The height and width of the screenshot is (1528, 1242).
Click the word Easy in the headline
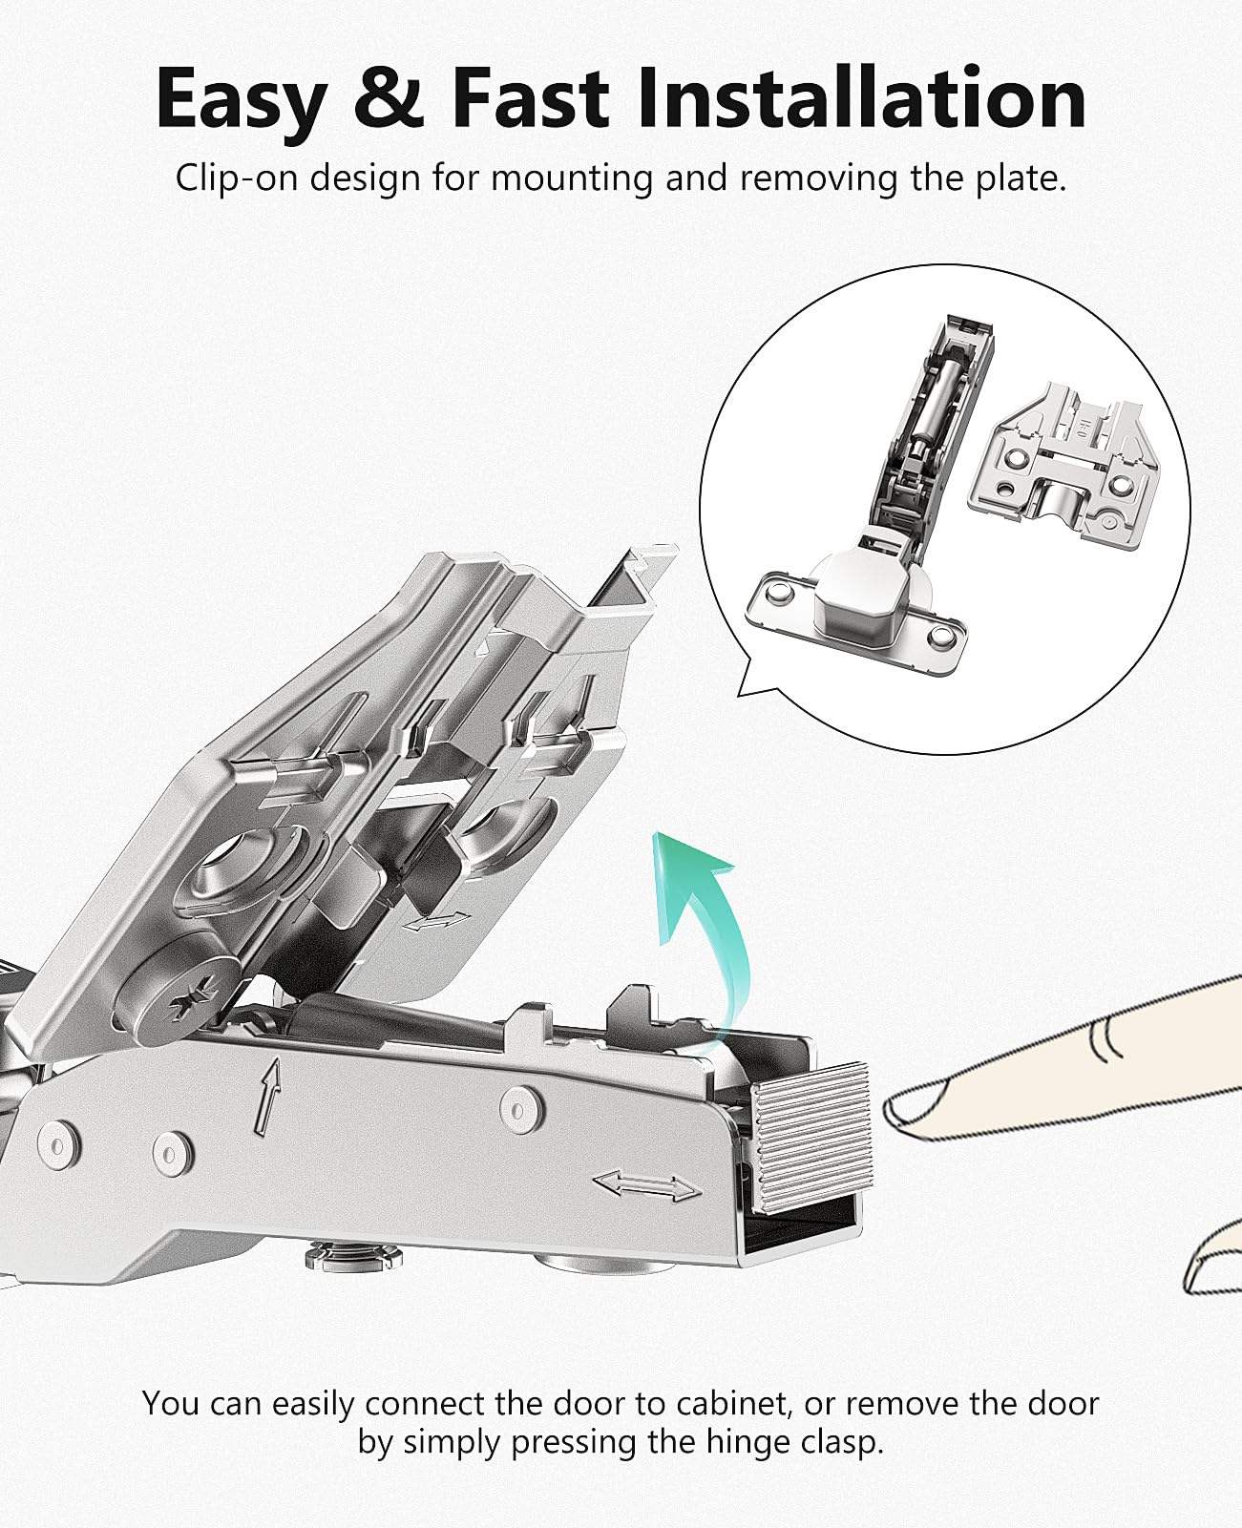(x=239, y=98)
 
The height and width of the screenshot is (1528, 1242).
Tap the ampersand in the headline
(x=387, y=98)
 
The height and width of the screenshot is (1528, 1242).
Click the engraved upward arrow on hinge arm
(x=271, y=1095)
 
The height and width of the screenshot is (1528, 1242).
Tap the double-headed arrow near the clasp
(x=646, y=1186)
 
